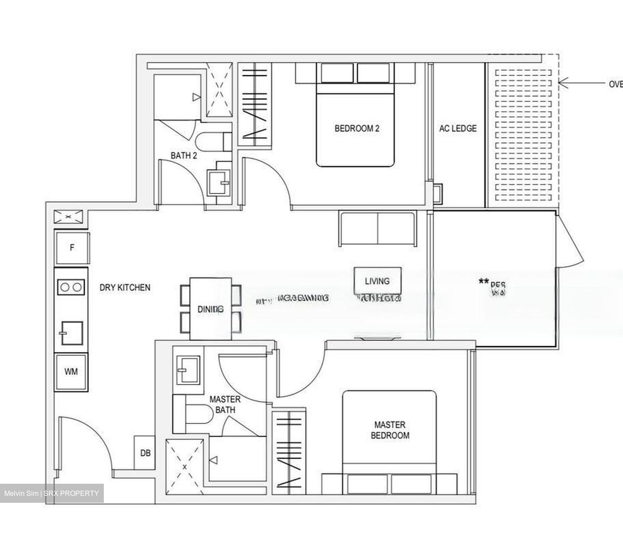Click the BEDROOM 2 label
pos(356,128)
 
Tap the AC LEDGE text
pos(458,128)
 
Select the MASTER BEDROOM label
pos(390,430)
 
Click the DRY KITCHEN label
pos(125,287)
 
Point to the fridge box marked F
pos(72,248)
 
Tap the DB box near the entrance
pos(145,453)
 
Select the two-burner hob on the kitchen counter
pos(71,287)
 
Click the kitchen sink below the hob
pos(71,332)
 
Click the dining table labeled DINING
pos(211,309)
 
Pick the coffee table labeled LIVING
pos(377,281)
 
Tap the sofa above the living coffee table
pos(378,229)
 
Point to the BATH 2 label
pos(183,156)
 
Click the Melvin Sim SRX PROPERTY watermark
pos(51,493)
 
